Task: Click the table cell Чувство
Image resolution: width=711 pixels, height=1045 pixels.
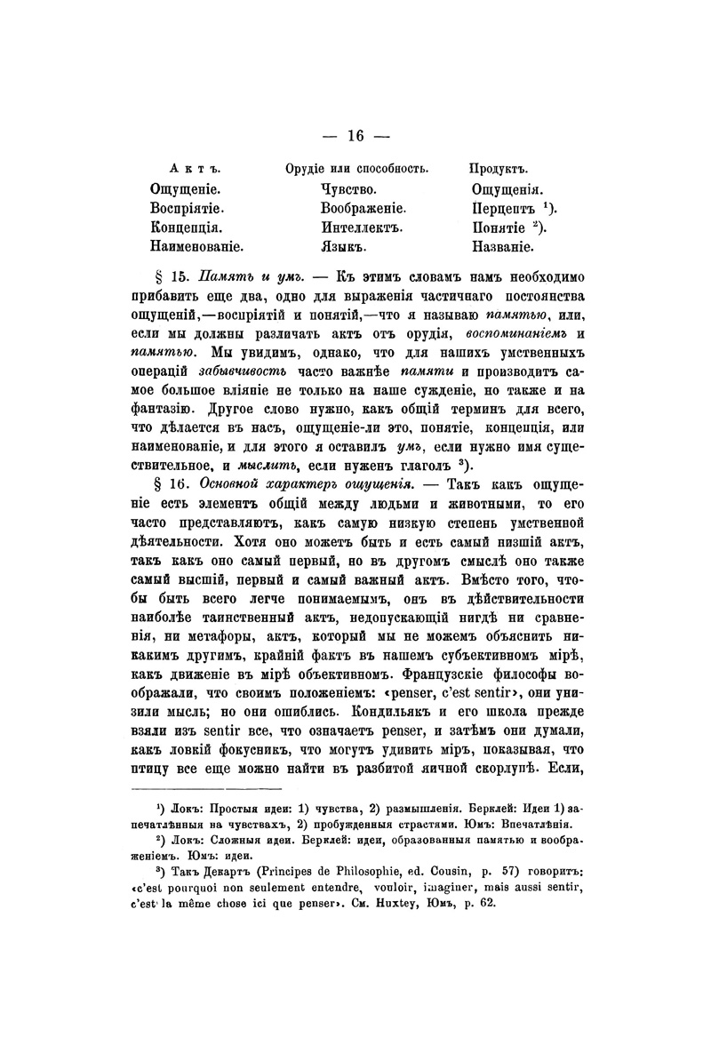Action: [x=349, y=189]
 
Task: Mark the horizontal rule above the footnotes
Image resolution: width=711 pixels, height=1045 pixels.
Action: [x=207, y=787]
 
